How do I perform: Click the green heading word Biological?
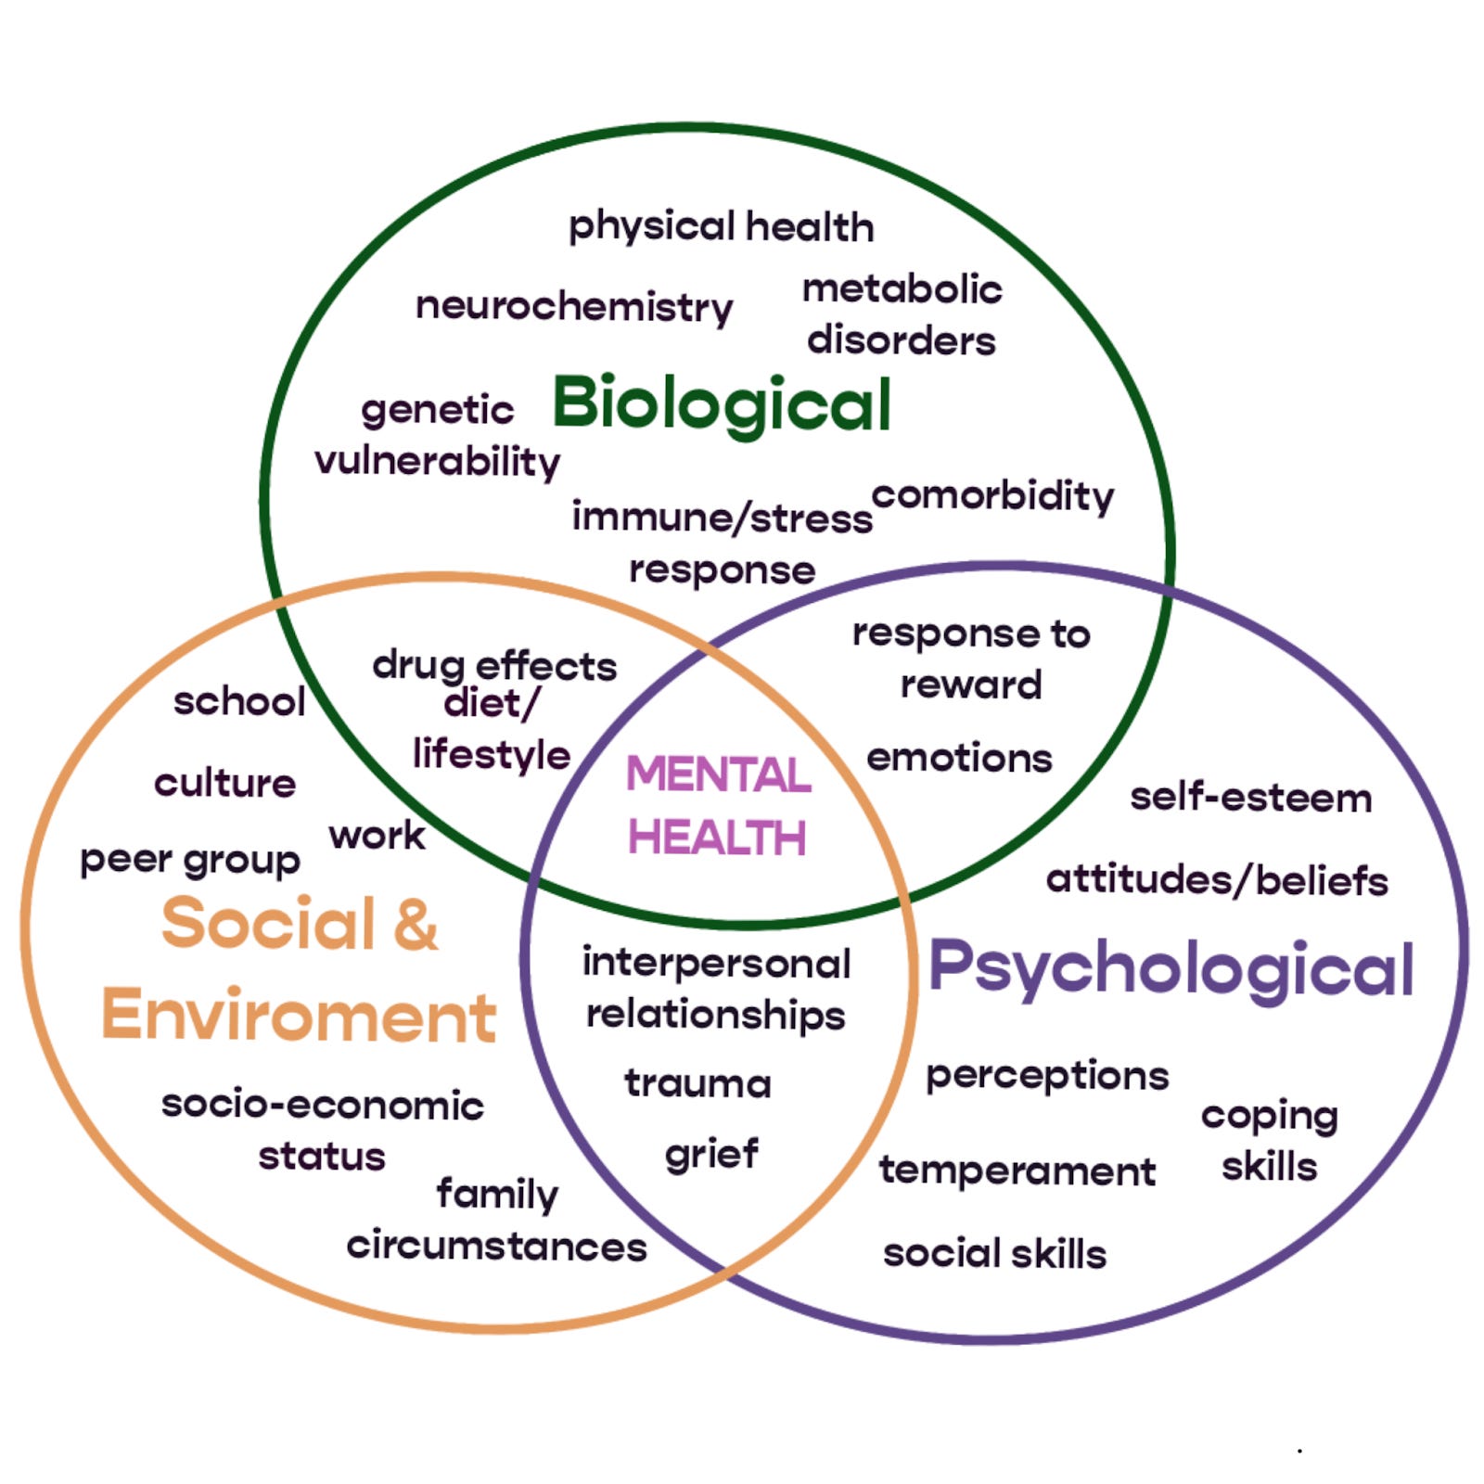(x=722, y=404)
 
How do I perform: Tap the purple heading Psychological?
(x=1171, y=968)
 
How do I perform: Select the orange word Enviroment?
(x=299, y=1016)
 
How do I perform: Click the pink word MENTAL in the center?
(x=718, y=774)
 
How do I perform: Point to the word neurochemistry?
(x=573, y=306)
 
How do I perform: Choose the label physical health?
(x=721, y=227)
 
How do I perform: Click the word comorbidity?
(x=992, y=496)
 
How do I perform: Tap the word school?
(x=239, y=701)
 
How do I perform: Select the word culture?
(x=224, y=784)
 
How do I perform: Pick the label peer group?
(x=190, y=861)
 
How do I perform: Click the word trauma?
(x=697, y=1082)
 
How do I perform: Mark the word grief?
(x=711, y=1155)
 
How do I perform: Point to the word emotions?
(x=959, y=759)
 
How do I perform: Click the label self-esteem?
(x=1250, y=798)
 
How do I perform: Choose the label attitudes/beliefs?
(x=1217, y=880)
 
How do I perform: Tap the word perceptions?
(x=1047, y=1076)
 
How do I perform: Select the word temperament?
(x=1017, y=1171)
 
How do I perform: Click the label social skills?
(x=994, y=1254)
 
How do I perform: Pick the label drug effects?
(x=494, y=666)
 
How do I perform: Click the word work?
(x=377, y=836)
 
